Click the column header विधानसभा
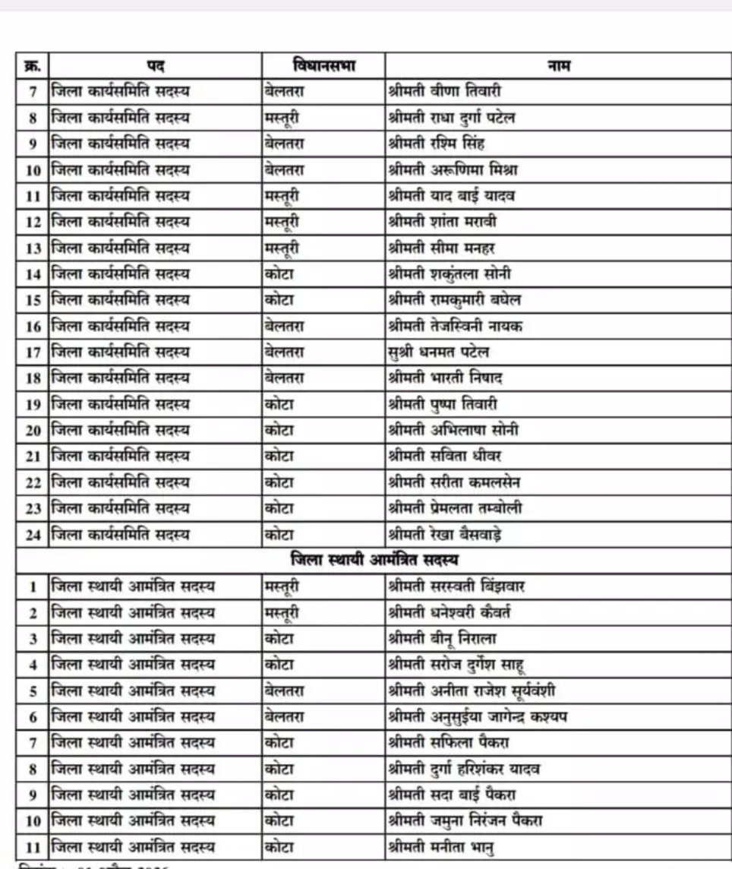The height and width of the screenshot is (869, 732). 323,65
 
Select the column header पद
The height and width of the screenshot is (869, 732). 156,65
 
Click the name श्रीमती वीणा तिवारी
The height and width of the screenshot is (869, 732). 444,92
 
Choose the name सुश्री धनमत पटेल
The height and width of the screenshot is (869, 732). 438,352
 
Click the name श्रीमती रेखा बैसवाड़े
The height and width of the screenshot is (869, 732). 443,534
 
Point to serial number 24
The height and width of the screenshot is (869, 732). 33,534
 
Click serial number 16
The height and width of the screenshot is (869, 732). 33,326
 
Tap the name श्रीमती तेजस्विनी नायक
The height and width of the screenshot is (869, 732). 454,326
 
